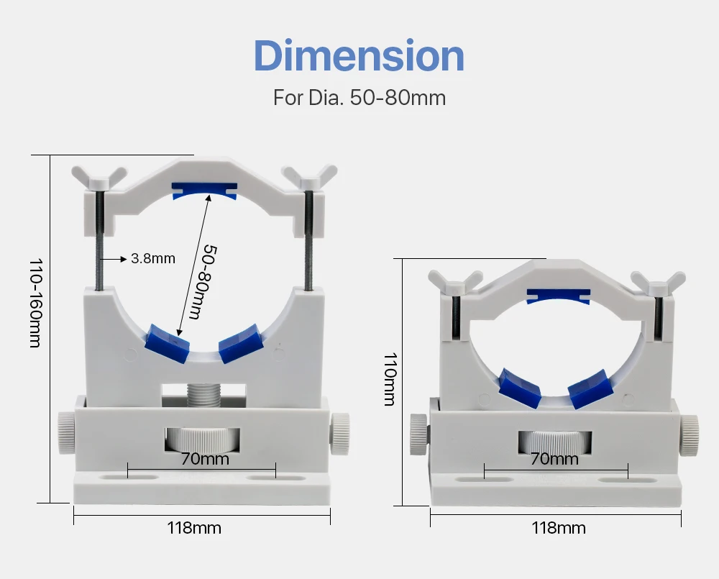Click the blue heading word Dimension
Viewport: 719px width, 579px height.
tap(359, 55)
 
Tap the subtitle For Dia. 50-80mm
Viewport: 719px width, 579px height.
tap(359, 98)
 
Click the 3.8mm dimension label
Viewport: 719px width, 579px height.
tap(153, 258)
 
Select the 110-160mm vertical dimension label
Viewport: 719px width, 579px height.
tap(36, 304)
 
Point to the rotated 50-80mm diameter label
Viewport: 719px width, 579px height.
tap(203, 282)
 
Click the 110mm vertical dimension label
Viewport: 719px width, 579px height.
tap(390, 380)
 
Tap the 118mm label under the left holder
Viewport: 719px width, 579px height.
tap(194, 528)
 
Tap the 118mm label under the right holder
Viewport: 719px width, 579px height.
tap(559, 528)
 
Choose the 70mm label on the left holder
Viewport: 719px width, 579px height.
tap(205, 459)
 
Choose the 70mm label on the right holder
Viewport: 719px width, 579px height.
tap(554, 459)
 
